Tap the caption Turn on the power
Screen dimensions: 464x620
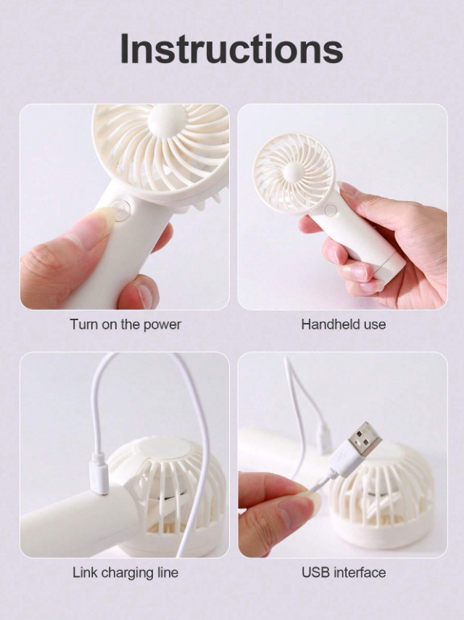tap(125, 325)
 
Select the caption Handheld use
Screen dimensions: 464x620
tap(343, 325)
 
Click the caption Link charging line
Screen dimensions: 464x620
tap(125, 572)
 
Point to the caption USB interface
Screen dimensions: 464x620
tap(344, 572)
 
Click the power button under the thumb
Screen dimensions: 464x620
tap(120, 209)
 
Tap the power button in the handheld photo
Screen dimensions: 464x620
tap(331, 210)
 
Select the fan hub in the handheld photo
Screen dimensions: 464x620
tap(294, 172)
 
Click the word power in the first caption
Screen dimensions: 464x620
tap(162, 325)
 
